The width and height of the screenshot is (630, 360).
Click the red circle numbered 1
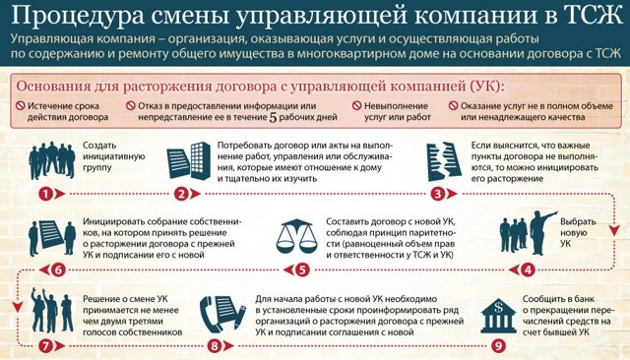(x=46, y=194)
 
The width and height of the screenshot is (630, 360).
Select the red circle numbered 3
(x=437, y=194)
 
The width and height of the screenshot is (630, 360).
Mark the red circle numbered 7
(x=46, y=345)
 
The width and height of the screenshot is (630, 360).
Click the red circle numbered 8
(x=214, y=345)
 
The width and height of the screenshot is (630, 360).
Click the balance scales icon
(x=301, y=234)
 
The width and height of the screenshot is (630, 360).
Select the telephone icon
(x=220, y=312)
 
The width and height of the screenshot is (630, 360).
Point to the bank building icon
(x=502, y=314)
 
